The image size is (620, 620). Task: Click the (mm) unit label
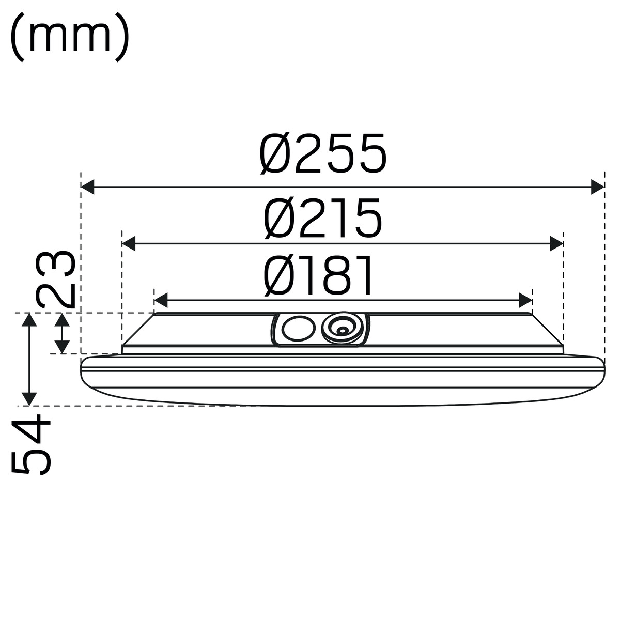point(70,38)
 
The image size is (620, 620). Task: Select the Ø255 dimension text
point(323,154)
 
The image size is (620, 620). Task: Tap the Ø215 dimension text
point(323,218)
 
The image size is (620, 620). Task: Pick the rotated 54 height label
point(31,445)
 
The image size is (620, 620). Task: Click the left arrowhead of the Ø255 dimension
point(87,187)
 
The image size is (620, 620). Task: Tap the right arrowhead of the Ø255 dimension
point(597,187)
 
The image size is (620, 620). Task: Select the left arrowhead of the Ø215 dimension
point(129,243)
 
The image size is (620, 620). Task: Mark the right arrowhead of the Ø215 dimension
point(556,243)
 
